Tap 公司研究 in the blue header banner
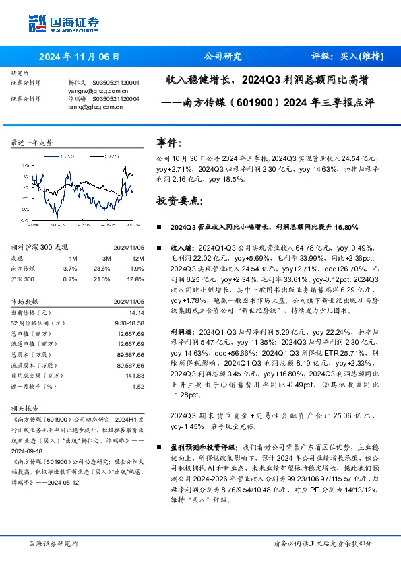coord(222,57)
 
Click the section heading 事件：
coord(168,143)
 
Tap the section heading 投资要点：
coord(178,201)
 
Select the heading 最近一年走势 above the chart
coord(32,143)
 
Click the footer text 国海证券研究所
coord(53,543)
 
